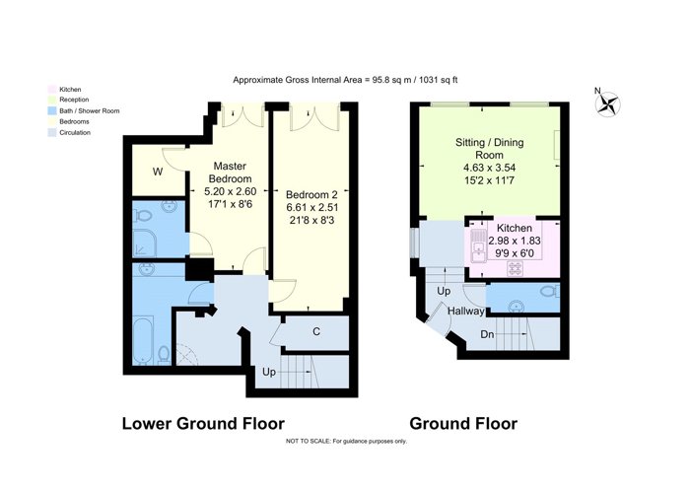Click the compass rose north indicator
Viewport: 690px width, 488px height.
click(x=608, y=105)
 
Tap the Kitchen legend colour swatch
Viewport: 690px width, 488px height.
click(x=52, y=90)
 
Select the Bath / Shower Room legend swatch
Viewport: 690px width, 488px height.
click(x=52, y=110)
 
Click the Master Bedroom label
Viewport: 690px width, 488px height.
click(x=230, y=173)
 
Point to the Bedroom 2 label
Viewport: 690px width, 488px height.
click(x=311, y=194)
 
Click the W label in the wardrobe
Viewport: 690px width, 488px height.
click(x=158, y=173)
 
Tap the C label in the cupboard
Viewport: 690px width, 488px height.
click(x=316, y=332)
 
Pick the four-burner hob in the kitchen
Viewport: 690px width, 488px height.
click(x=515, y=268)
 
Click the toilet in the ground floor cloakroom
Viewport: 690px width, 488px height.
click(x=550, y=291)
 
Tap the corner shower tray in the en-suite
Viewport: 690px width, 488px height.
click(x=144, y=244)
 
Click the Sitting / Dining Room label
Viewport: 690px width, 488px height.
click(x=489, y=149)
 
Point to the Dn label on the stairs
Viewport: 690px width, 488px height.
click(x=487, y=334)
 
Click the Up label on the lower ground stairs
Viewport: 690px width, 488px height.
click(x=269, y=373)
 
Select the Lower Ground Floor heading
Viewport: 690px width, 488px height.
click(x=203, y=423)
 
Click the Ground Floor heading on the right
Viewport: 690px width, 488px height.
click(x=463, y=423)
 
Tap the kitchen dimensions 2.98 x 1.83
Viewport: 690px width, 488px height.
click(x=515, y=241)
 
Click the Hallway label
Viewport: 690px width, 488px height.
click(x=466, y=312)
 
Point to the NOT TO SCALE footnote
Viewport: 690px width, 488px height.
click(x=346, y=441)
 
